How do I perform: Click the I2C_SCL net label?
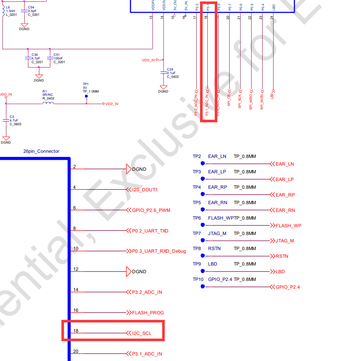click(x=142, y=333)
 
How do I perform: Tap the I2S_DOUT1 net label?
click(x=145, y=190)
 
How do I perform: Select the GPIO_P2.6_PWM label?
click(x=151, y=210)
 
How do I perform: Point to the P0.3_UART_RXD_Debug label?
click(x=159, y=251)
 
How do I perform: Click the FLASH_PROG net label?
click(x=148, y=313)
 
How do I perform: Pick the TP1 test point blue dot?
click(x=86, y=97)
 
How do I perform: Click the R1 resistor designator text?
click(x=44, y=91)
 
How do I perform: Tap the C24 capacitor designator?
click(x=170, y=69)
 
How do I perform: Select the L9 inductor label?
click(x=8, y=7)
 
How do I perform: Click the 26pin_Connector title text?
click(x=41, y=151)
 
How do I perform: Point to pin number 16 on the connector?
click(x=76, y=310)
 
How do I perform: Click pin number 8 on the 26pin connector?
click(x=74, y=228)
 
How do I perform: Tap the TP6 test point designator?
click(x=197, y=218)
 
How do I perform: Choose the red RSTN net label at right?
click(x=282, y=256)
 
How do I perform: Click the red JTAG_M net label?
click(x=285, y=241)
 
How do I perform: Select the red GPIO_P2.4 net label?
click(x=288, y=287)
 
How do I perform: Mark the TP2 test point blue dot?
click(x=202, y=163)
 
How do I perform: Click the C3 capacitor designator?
click(x=12, y=117)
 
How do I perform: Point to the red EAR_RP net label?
click(x=285, y=195)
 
